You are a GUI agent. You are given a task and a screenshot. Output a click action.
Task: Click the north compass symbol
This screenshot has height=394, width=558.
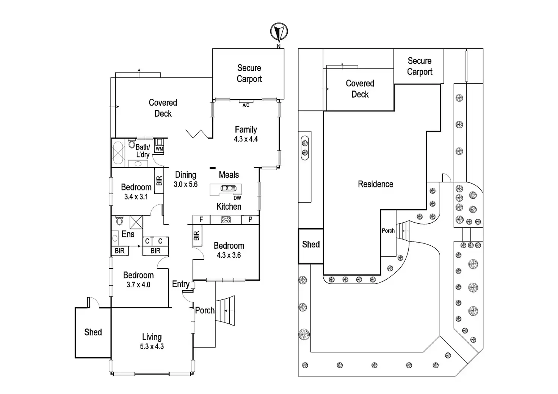point(279,32)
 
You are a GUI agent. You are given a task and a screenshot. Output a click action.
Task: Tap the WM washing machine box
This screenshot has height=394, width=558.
point(159,146)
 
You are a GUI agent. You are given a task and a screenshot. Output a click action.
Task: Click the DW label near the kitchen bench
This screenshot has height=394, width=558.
point(237,198)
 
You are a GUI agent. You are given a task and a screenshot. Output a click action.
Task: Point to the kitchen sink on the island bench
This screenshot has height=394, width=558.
point(228,188)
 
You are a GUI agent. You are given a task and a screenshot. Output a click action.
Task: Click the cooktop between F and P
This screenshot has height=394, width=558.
point(226,219)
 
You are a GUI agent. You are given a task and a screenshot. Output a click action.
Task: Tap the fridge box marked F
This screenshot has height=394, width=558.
point(201,220)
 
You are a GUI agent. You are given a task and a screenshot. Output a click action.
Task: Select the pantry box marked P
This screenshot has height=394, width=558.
point(250,220)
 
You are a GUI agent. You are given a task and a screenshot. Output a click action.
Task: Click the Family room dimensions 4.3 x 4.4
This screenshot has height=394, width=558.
point(246,139)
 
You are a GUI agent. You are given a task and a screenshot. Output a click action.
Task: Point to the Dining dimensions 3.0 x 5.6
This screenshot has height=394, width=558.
point(185,185)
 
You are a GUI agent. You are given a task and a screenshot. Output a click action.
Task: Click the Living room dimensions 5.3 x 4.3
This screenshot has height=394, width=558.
point(152,346)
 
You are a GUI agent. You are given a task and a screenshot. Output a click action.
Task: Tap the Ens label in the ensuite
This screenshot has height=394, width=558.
point(128,234)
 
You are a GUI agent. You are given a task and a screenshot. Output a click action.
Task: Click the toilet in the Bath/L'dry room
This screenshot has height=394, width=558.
point(132,144)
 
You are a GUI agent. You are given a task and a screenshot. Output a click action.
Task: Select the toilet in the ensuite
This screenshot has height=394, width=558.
point(119,220)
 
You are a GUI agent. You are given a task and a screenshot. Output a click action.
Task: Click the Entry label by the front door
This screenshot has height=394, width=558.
point(180,284)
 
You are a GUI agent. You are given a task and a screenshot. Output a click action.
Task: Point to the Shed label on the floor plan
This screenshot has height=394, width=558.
point(93,332)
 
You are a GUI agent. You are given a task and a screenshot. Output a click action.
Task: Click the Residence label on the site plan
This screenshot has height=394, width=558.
point(375,184)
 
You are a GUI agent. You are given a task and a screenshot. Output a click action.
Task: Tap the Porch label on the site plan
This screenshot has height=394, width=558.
point(388,230)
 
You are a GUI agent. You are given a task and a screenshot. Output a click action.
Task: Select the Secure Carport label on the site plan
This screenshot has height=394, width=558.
point(419,66)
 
